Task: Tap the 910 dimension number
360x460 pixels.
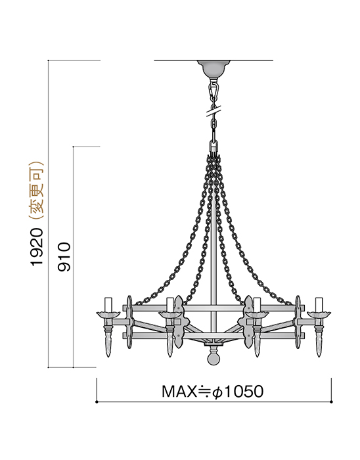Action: (x=64, y=257)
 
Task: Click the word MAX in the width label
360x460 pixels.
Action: (x=179, y=392)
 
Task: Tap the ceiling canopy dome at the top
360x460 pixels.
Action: (x=214, y=68)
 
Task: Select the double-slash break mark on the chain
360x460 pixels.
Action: (x=214, y=112)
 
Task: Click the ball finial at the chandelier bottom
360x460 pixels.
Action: (x=214, y=359)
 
